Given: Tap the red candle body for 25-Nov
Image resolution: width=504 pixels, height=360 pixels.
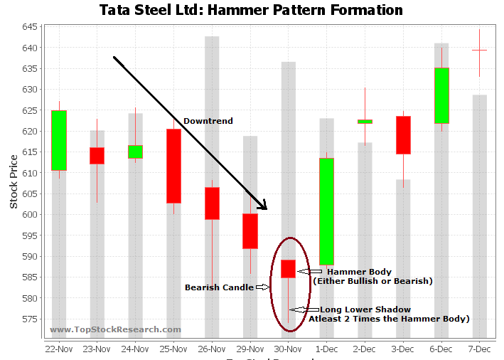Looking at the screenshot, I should coord(173,166).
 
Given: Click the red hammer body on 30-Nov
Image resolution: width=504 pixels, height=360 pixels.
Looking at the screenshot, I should coord(288,269).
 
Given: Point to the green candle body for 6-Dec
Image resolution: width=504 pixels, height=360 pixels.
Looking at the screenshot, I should coord(441,95).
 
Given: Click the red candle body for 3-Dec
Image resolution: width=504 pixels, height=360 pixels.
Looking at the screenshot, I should coord(403,135).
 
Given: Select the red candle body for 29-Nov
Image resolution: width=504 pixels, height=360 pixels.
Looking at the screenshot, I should coord(250,231).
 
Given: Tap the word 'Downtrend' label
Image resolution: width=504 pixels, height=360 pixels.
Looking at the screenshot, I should coord(208,122).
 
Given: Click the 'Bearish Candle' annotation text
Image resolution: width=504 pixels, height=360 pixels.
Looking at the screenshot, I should coord(219,287).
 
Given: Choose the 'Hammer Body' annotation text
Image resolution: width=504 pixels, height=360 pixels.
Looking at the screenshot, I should coord(359,272).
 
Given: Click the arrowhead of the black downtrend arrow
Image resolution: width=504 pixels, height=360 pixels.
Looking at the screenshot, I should coord(263,206).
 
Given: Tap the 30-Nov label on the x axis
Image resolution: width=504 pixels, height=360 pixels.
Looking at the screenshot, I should coord(288,349).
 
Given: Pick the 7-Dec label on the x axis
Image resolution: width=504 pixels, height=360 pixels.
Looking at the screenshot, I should coord(480,349).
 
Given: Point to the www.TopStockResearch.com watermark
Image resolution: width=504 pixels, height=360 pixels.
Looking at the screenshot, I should coord(115,329).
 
